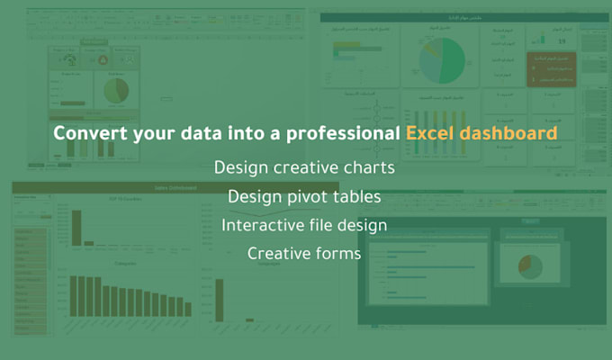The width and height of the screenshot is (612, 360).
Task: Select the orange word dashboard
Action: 504,134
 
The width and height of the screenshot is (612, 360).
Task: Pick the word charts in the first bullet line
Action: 368,167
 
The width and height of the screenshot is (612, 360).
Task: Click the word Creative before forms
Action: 277,254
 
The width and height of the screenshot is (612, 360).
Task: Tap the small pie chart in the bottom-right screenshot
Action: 529,265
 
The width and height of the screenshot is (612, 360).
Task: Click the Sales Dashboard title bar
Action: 175,187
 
